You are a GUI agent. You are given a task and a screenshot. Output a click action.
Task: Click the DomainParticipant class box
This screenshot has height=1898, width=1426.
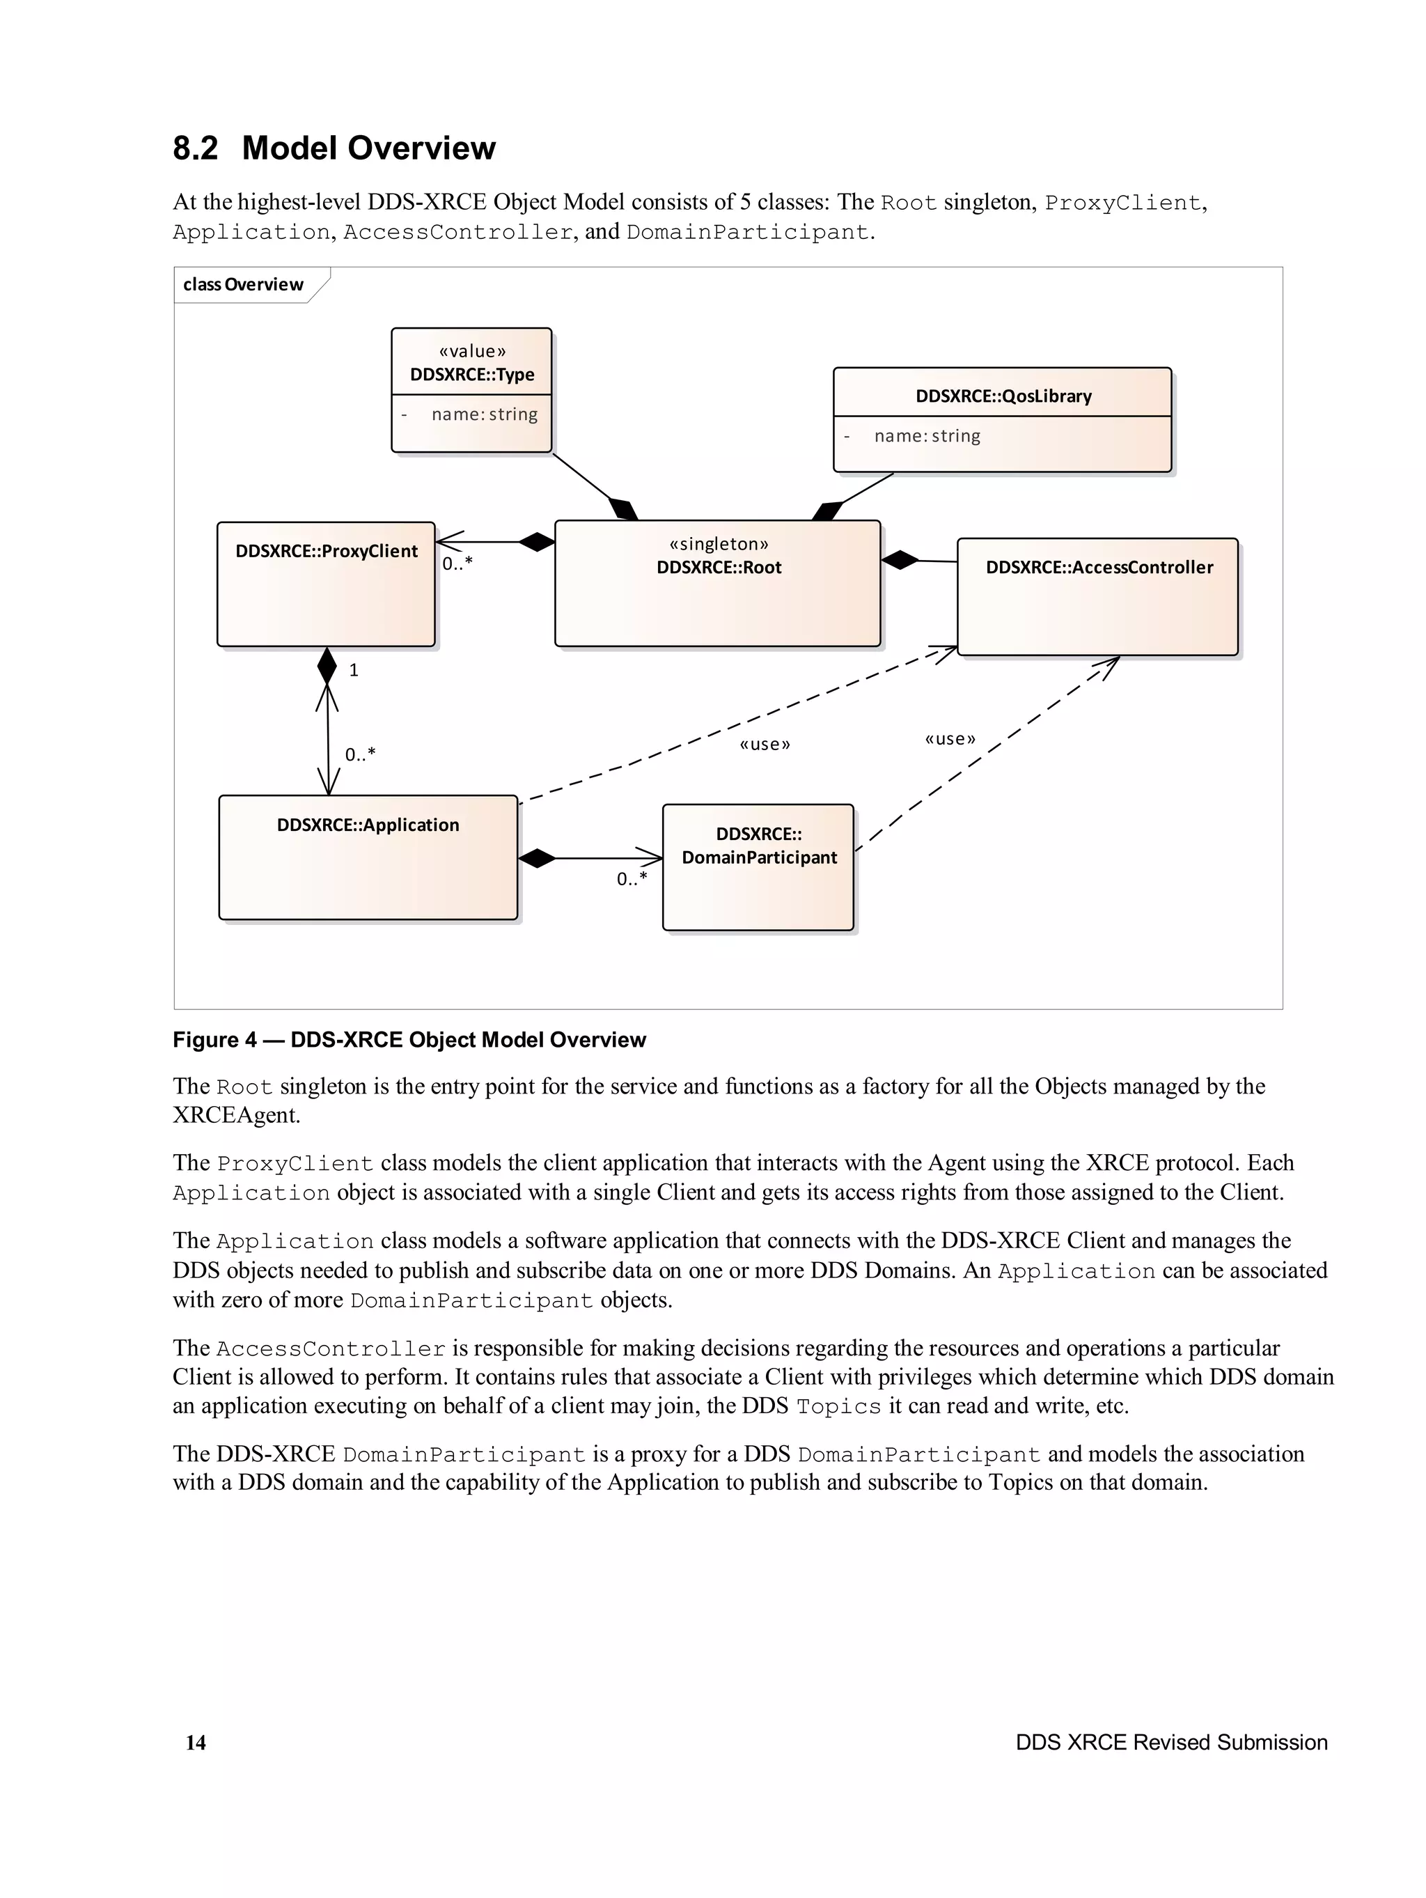[x=758, y=866]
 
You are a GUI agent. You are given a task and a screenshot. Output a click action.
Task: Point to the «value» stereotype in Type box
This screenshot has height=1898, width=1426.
[x=472, y=351]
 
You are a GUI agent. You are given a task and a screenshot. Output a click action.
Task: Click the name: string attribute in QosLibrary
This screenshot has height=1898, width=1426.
[x=927, y=436]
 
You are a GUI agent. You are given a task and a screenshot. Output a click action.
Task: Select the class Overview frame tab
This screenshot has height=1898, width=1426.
[x=244, y=285]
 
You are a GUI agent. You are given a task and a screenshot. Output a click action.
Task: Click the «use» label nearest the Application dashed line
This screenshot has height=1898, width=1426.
[x=765, y=744]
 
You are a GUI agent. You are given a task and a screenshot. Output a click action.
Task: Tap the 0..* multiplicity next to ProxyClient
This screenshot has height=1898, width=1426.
[x=457, y=563]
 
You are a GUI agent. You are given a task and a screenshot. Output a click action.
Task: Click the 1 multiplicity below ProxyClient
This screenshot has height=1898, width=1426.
[x=354, y=670]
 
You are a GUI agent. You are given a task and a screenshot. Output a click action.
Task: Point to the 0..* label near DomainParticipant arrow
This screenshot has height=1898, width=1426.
[x=632, y=878]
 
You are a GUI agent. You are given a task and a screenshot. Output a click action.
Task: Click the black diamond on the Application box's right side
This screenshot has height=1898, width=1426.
[x=537, y=857]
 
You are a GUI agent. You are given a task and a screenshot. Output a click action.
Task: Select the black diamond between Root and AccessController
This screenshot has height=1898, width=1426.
[x=899, y=560]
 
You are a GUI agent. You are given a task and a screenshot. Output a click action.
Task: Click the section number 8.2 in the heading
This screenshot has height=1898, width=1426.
[x=196, y=148]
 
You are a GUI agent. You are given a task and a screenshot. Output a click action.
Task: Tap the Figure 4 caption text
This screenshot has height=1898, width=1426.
[x=409, y=1040]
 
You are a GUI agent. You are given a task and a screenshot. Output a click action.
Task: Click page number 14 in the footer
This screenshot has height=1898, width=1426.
[x=196, y=1742]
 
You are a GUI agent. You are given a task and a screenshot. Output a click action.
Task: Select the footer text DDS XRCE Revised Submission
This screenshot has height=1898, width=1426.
[x=1170, y=1742]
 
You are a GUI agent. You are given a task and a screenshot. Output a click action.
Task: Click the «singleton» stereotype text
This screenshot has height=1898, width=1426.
[x=718, y=544]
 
